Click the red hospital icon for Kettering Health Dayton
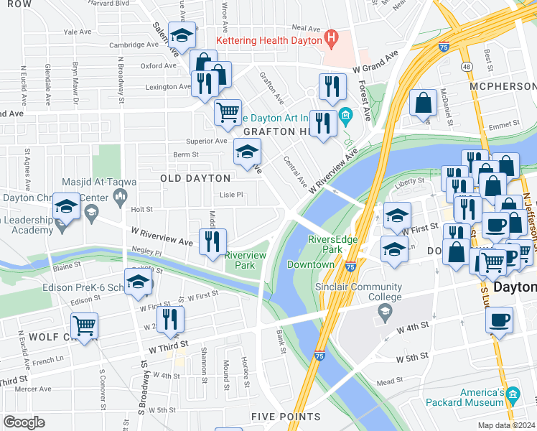(x=331, y=38)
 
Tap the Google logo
(x=24, y=422)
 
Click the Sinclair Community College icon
(x=385, y=310)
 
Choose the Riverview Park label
(x=245, y=260)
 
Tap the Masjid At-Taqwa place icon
(x=121, y=195)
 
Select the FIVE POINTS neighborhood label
(x=286, y=417)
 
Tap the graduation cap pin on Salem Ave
(x=183, y=36)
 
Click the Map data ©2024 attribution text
(x=505, y=425)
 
